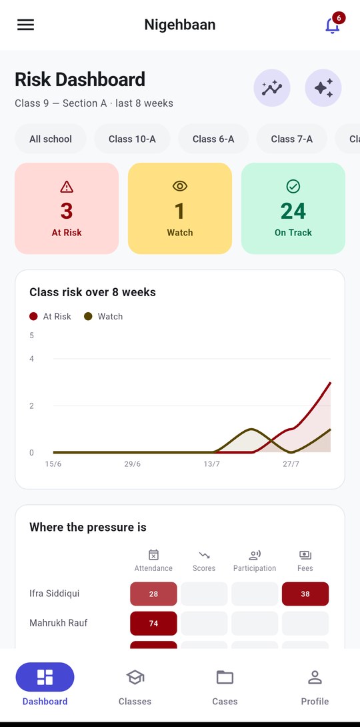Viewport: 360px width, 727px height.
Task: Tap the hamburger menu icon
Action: click(25, 25)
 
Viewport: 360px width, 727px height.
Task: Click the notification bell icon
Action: click(332, 25)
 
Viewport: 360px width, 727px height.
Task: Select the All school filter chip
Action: click(51, 139)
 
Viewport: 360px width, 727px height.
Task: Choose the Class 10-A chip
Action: click(132, 139)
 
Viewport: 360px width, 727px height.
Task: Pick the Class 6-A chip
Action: click(213, 139)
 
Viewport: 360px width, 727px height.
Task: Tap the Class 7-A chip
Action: click(292, 139)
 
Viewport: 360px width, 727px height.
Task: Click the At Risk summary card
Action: click(67, 208)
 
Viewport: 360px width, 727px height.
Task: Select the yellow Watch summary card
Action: click(180, 208)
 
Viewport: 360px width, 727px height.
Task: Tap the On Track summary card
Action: click(293, 208)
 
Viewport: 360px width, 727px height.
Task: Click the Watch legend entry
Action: click(103, 317)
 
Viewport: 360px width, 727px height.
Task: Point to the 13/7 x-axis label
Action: click(212, 464)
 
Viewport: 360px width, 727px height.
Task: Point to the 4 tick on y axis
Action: click(31, 359)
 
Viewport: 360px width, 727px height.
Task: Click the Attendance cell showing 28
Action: click(153, 594)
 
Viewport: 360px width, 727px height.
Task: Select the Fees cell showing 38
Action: click(305, 594)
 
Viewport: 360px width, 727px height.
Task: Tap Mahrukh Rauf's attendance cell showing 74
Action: click(153, 623)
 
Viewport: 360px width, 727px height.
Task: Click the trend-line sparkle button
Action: click(272, 88)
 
